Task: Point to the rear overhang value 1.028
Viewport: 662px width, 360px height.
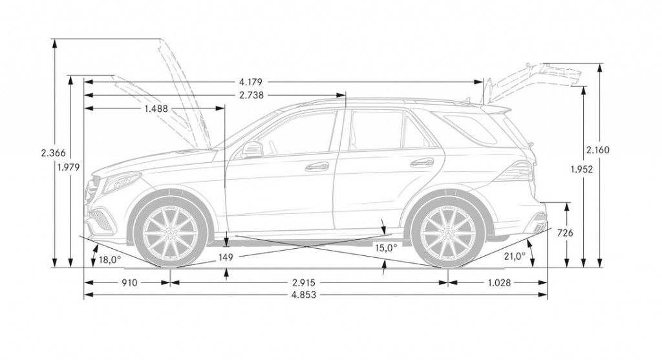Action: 498,282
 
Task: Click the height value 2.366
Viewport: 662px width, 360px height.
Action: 51,153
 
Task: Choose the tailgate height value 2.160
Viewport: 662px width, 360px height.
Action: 598,150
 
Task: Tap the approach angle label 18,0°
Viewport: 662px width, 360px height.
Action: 110,260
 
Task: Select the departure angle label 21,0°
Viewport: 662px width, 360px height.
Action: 515,257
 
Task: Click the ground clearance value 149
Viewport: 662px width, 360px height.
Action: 226,257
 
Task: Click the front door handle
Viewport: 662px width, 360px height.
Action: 317,166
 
